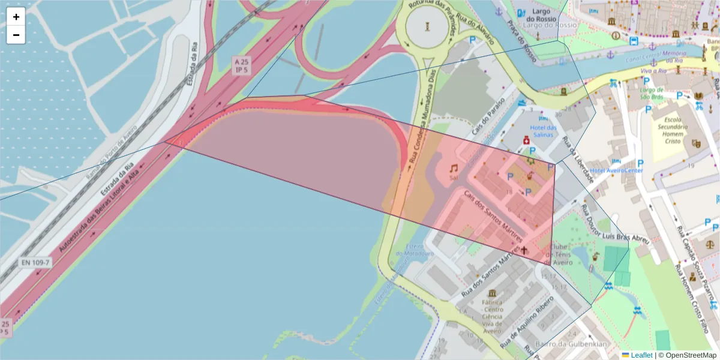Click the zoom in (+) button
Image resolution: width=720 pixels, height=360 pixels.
point(16,17)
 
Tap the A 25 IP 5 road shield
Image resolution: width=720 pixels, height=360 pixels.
point(242,65)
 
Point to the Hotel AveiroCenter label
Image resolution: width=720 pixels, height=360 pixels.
point(616,170)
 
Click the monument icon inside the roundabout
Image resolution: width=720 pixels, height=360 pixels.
point(427,26)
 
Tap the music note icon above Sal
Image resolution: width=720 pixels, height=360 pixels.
point(454,169)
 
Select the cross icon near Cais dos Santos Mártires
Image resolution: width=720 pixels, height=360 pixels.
point(524,250)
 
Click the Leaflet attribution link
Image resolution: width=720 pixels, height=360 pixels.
point(642,355)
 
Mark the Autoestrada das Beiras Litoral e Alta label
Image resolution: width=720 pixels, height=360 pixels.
point(99,210)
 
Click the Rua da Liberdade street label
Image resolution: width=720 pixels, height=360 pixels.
point(578,158)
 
